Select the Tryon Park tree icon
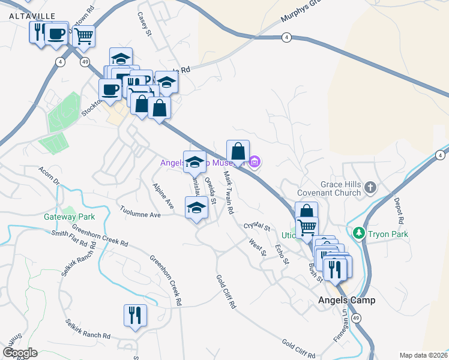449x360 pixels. (359, 232)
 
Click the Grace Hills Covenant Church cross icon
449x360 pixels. (370, 187)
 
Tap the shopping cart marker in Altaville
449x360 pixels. (83, 35)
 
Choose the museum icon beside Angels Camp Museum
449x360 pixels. (255, 161)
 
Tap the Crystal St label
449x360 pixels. (258, 226)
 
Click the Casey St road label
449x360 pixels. (145, 24)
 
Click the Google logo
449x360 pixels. (20, 353)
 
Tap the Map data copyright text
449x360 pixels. (423, 355)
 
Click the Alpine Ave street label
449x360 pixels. (163, 196)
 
